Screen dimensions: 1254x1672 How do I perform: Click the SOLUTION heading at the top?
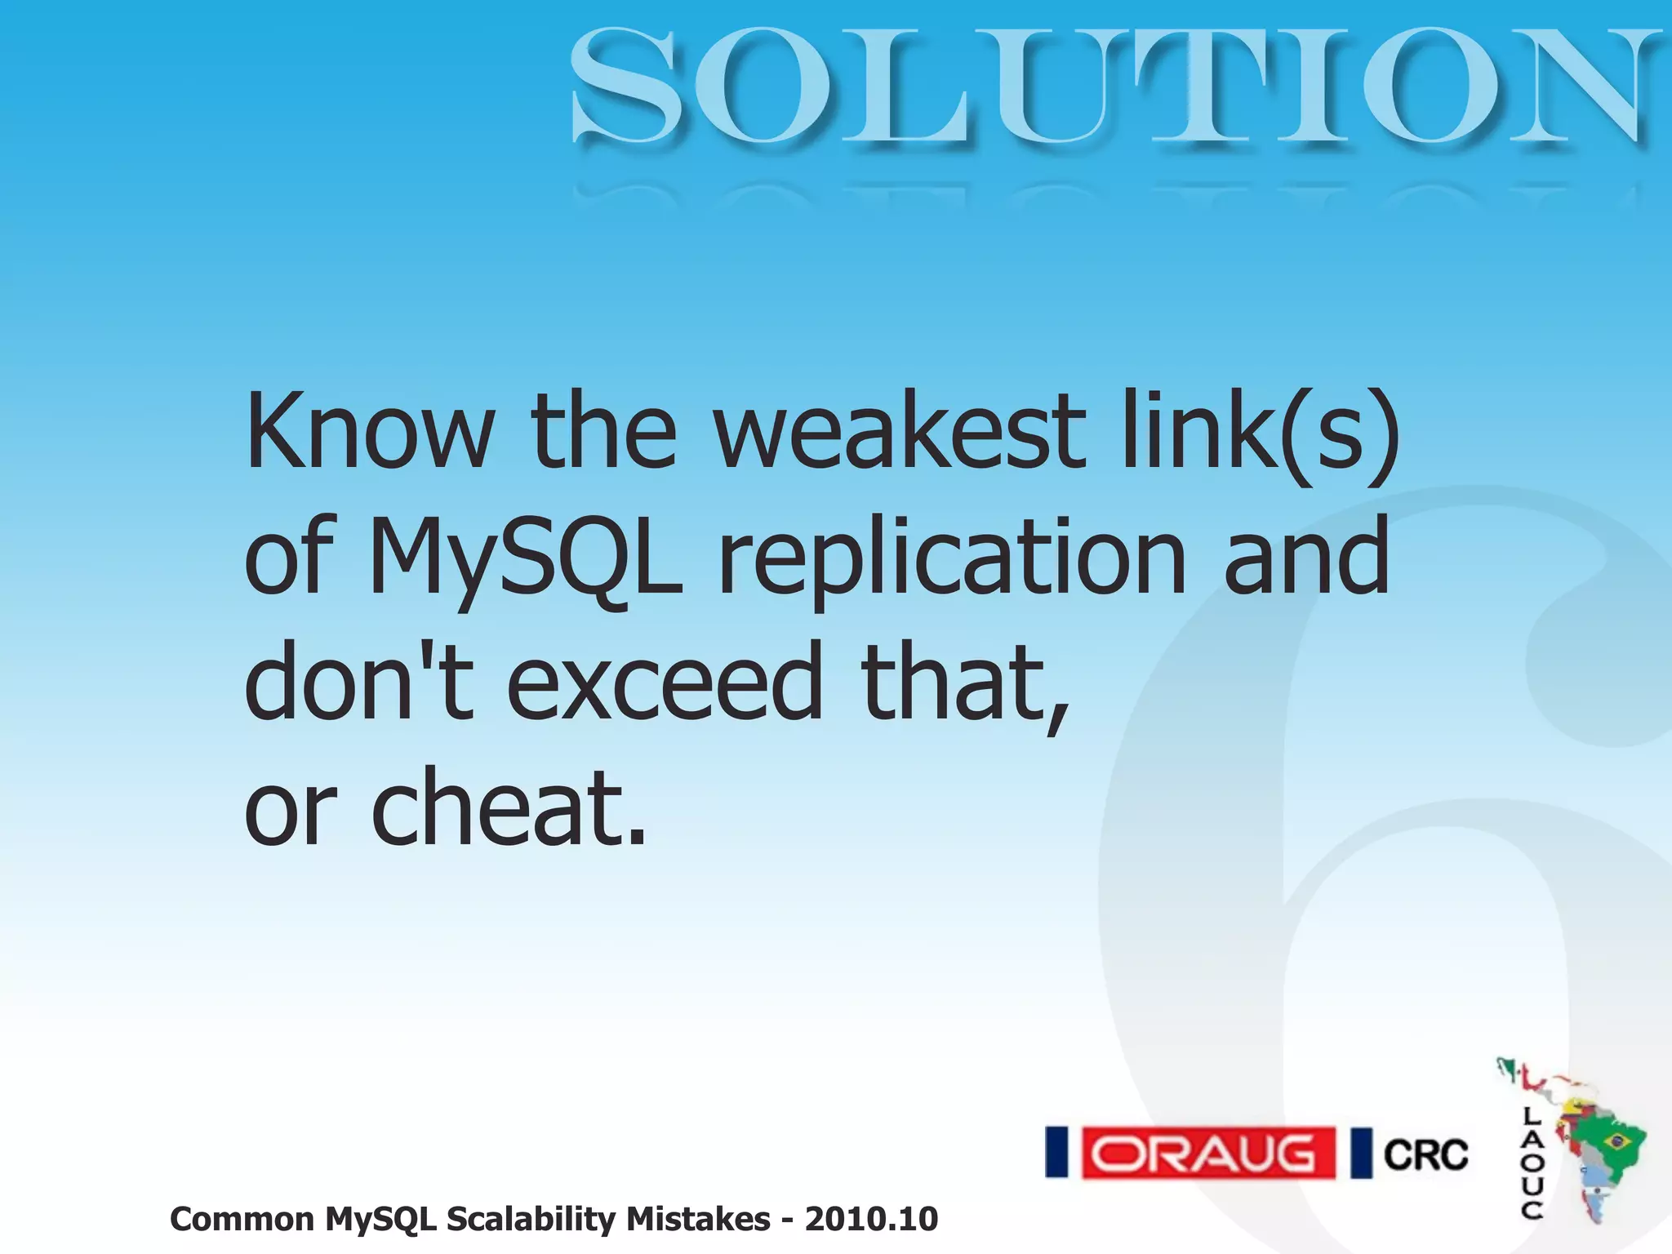point(1110,86)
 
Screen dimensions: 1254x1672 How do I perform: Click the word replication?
point(951,559)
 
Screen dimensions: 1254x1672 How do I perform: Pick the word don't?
point(359,682)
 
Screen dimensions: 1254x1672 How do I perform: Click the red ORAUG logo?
point(1208,1154)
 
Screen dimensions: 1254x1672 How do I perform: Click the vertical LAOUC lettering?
point(1532,1163)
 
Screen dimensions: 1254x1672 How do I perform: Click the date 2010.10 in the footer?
point(871,1219)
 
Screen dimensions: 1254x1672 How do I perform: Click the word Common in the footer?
point(242,1219)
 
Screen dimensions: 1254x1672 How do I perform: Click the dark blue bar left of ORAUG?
point(1057,1153)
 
